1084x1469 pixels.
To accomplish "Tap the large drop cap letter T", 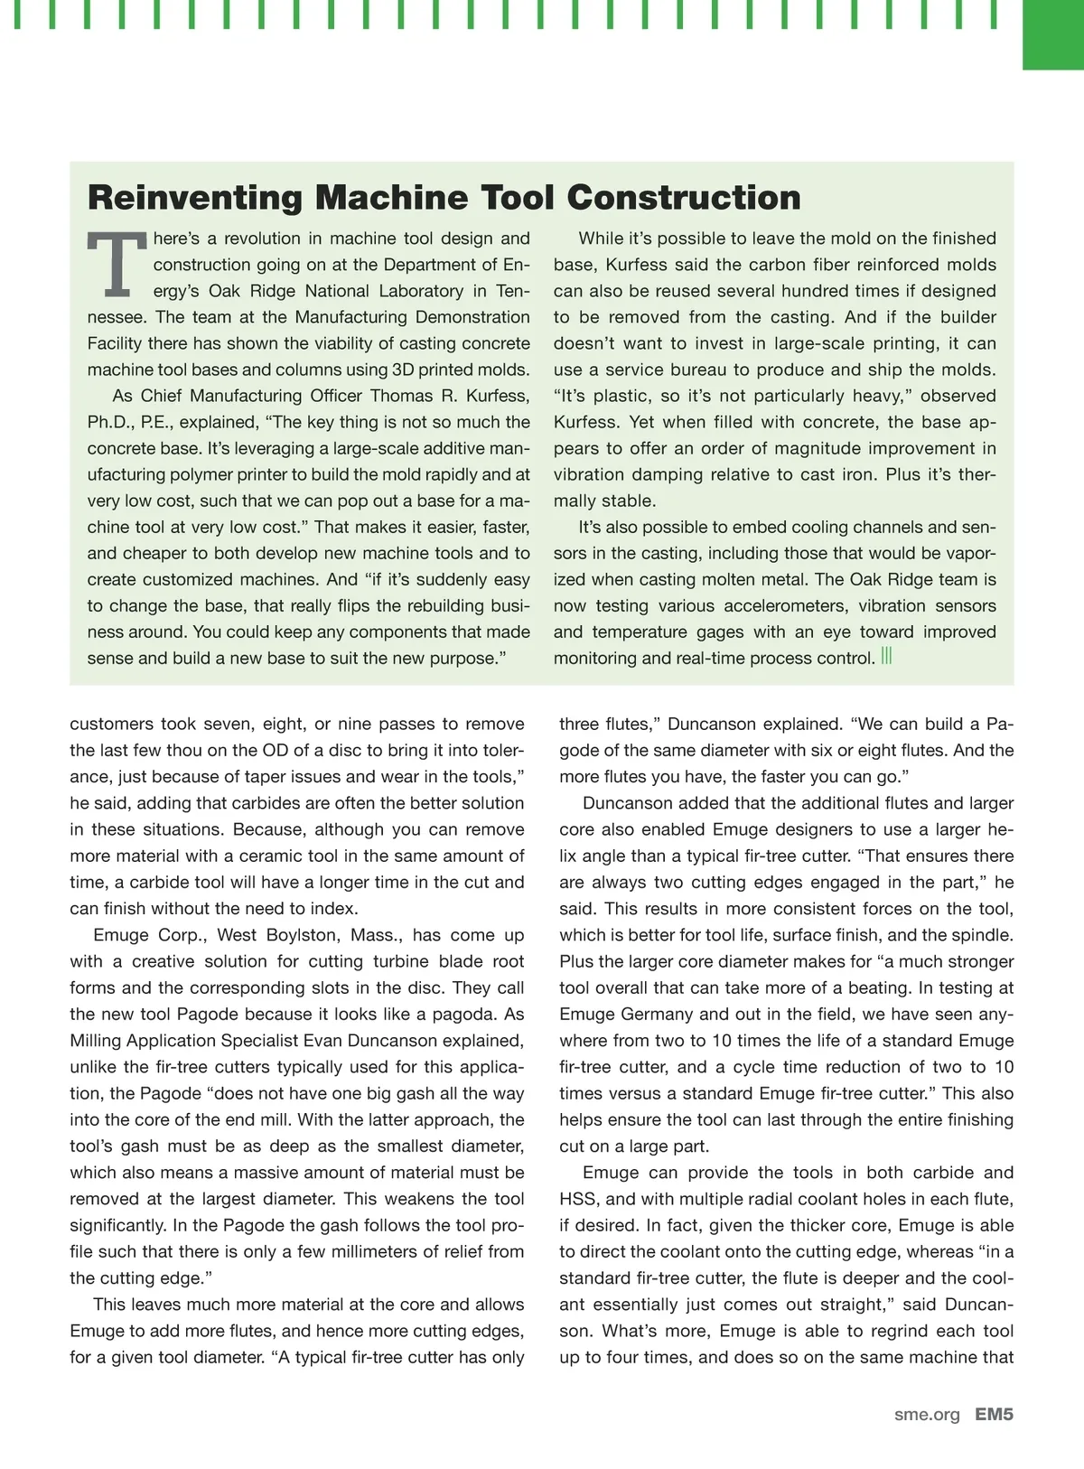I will tap(116, 265).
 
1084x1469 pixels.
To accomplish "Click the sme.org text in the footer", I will tap(927, 1415).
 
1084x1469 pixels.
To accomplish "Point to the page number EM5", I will tap(995, 1415).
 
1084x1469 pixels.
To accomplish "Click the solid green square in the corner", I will tap(1052, 34).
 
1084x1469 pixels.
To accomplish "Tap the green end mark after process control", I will tap(886, 657).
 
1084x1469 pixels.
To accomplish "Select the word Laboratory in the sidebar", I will tap(421, 291).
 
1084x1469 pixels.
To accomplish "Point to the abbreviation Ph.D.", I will tap(108, 422).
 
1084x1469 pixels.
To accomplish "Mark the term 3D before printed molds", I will tap(404, 370).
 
